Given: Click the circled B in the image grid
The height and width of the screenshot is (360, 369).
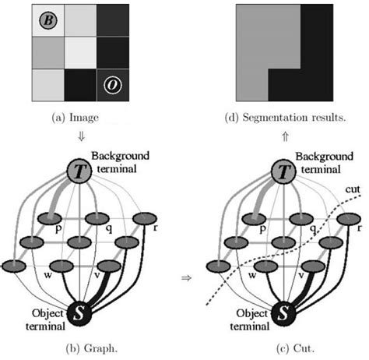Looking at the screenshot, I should point(47,20).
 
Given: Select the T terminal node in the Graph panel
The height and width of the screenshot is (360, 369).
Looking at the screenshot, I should point(77,171).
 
